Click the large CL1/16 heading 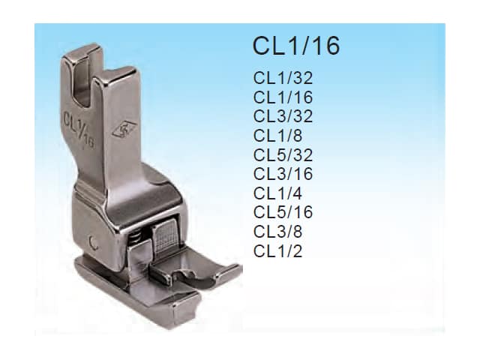[x=296, y=46]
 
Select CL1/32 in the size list [x=283, y=78]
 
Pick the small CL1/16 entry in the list [x=283, y=97]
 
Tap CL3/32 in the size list [x=283, y=116]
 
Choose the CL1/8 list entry [x=277, y=136]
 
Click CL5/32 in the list [x=283, y=155]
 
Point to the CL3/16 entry [x=283, y=174]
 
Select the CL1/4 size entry [x=277, y=193]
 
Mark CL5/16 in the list [x=283, y=212]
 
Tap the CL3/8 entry [x=277, y=232]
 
